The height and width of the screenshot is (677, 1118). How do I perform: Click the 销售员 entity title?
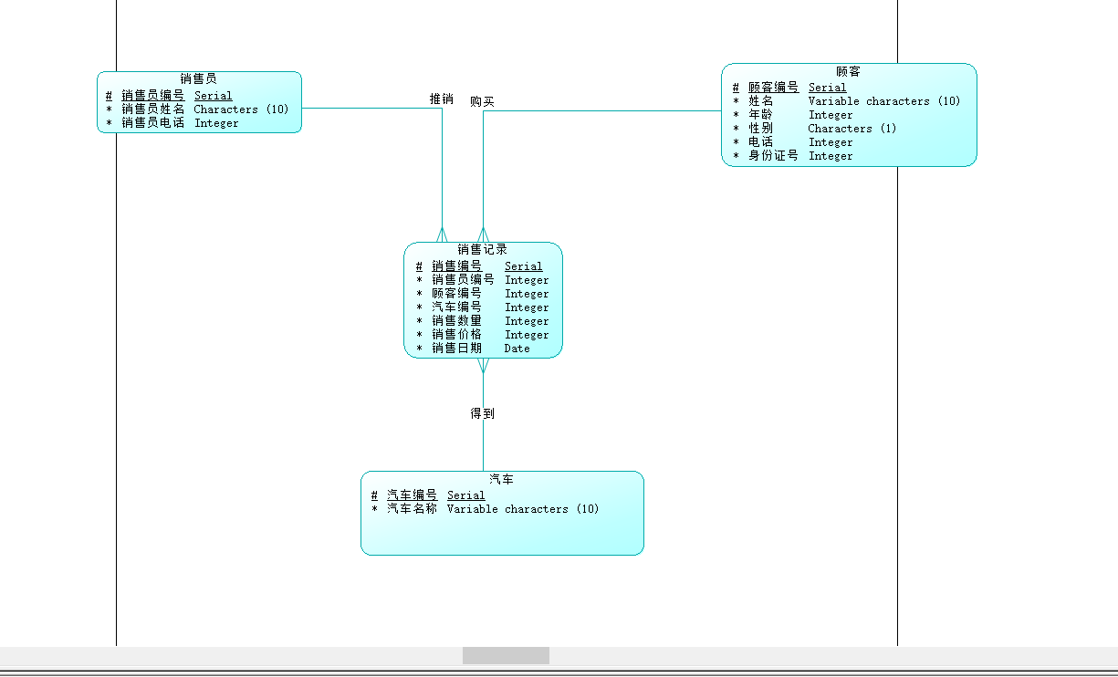199,79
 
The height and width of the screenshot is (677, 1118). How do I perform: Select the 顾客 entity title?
848,71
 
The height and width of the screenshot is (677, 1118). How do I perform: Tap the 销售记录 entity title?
483,249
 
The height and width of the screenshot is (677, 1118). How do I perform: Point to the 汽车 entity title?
502,479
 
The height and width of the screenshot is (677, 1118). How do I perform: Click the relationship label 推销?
442,99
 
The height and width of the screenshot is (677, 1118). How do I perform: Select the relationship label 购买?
483,101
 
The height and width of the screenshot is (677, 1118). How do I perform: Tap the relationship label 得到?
483,413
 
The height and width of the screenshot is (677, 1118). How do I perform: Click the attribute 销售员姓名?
153,109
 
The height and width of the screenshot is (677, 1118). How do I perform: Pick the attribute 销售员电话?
153,123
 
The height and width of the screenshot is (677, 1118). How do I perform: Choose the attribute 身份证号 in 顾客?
774,156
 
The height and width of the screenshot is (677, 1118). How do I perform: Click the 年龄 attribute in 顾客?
761,115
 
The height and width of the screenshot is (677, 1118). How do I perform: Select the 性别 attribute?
761,129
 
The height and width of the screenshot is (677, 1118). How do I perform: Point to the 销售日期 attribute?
457,349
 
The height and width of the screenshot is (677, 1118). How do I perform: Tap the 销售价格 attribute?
457,335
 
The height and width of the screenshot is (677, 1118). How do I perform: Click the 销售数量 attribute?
457,321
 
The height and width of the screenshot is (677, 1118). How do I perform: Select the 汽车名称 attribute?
413,509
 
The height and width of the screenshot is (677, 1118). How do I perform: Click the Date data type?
517,349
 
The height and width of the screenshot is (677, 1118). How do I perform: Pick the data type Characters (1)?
852,129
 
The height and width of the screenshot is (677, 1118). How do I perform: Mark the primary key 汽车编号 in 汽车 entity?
413,495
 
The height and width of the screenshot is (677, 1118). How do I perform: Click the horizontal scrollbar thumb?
506,656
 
